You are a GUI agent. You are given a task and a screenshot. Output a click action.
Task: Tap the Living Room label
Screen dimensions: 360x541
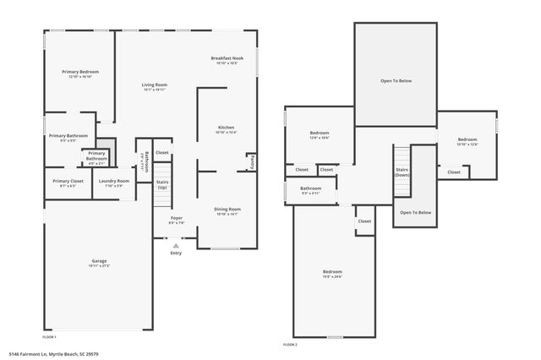(x=154, y=86)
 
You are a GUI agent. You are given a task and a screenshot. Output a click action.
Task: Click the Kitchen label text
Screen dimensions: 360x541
(x=226, y=129)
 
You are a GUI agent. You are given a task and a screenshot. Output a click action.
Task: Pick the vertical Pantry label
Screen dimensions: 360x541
(x=251, y=161)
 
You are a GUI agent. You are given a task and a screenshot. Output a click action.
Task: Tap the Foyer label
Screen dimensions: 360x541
(x=176, y=220)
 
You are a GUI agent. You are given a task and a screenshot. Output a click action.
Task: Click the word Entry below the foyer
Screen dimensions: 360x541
(x=176, y=253)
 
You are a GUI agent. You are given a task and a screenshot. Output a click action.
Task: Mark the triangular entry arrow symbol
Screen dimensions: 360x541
(x=176, y=244)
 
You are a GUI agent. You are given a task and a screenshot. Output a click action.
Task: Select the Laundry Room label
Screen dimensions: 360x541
(x=113, y=183)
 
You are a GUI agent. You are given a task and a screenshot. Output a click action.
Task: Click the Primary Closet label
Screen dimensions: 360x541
(x=68, y=183)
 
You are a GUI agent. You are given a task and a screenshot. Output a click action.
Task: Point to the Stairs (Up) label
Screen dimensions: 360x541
(x=161, y=184)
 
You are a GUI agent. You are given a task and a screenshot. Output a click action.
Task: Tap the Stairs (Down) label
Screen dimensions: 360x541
(x=402, y=172)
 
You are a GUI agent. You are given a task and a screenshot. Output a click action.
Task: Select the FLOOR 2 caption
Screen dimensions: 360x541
(x=290, y=345)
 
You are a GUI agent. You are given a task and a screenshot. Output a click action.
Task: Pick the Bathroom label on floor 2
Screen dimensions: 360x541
(x=310, y=190)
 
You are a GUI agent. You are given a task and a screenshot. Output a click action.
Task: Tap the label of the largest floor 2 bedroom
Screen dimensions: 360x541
(x=332, y=274)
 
